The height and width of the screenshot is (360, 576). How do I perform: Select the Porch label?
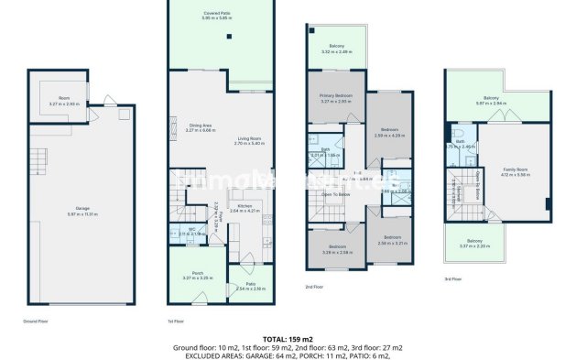(198, 275)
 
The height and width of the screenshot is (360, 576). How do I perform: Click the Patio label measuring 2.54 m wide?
(250, 286)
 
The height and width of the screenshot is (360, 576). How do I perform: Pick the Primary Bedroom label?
(336, 99)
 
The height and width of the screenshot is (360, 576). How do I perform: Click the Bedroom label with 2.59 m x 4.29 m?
(390, 131)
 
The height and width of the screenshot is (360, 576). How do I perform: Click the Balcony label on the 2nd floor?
(336, 47)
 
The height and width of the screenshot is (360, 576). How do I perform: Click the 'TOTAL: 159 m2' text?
(288, 340)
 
